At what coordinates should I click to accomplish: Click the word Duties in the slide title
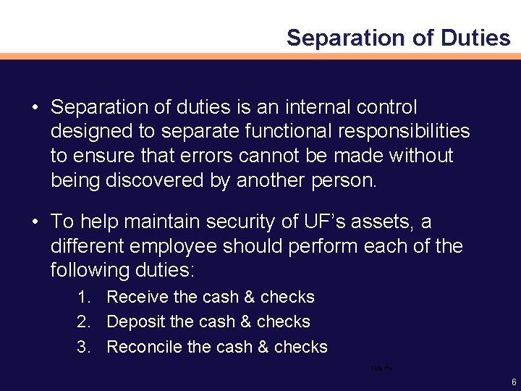pyautogui.click(x=475, y=38)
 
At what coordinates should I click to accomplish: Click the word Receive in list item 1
pyautogui.click(x=137, y=297)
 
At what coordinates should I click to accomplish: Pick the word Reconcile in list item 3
pyautogui.click(x=144, y=347)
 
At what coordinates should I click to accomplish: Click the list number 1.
pyautogui.click(x=84, y=297)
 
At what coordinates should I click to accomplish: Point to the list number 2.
pyautogui.click(x=84, y=321)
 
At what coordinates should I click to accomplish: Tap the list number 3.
pyautogui.click(x=84, y=347)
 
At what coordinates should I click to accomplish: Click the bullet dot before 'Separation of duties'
pyautogui.click(x=35, y=108)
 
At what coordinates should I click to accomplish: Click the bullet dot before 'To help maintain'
pyautogui.click(x=35, y=222)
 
